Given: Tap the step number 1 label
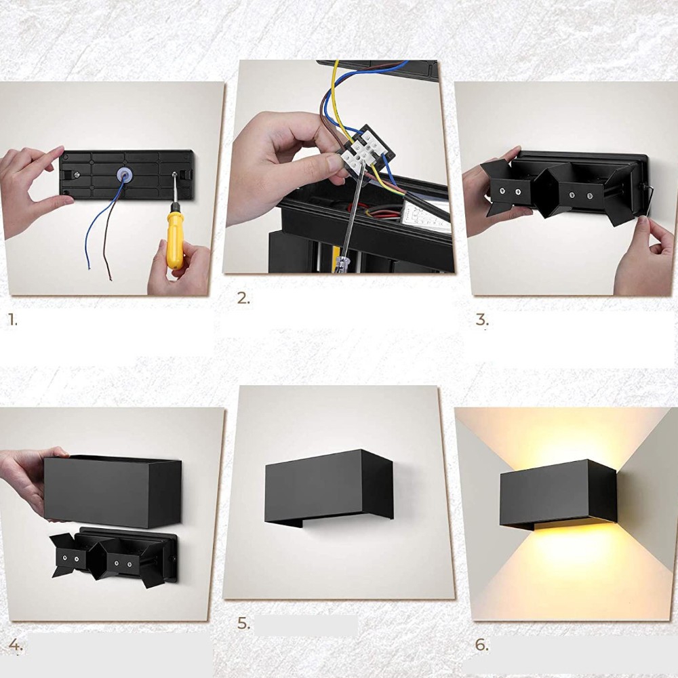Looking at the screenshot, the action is pyautogui.click(x=12, y=319).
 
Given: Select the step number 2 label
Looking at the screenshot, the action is pyautogui.click(x=243, y=298).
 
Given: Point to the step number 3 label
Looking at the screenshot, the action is pyautogui.click(x=482, y=319).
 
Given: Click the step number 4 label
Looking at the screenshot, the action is pyautogui.click(x=15, y=645).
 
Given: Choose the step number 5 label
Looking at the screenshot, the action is pyautogui.click(x=243, y=623).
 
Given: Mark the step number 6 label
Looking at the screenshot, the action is pyautogui.click(x=481, y=645).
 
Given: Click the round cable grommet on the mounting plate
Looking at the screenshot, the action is pyautogui.click(x=125, y=175).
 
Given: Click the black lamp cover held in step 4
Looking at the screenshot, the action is pyautogui.click(x=113, y=492).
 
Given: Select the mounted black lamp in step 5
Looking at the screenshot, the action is pyautogui.click(x=329, y=486).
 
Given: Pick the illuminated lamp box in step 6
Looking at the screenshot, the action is pyautogui.click(x=558, y=495).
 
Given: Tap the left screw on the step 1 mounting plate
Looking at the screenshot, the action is pyautogui.click(x=76, y=175).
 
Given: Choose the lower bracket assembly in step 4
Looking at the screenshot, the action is pyautogui.click(x=113, y=557).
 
